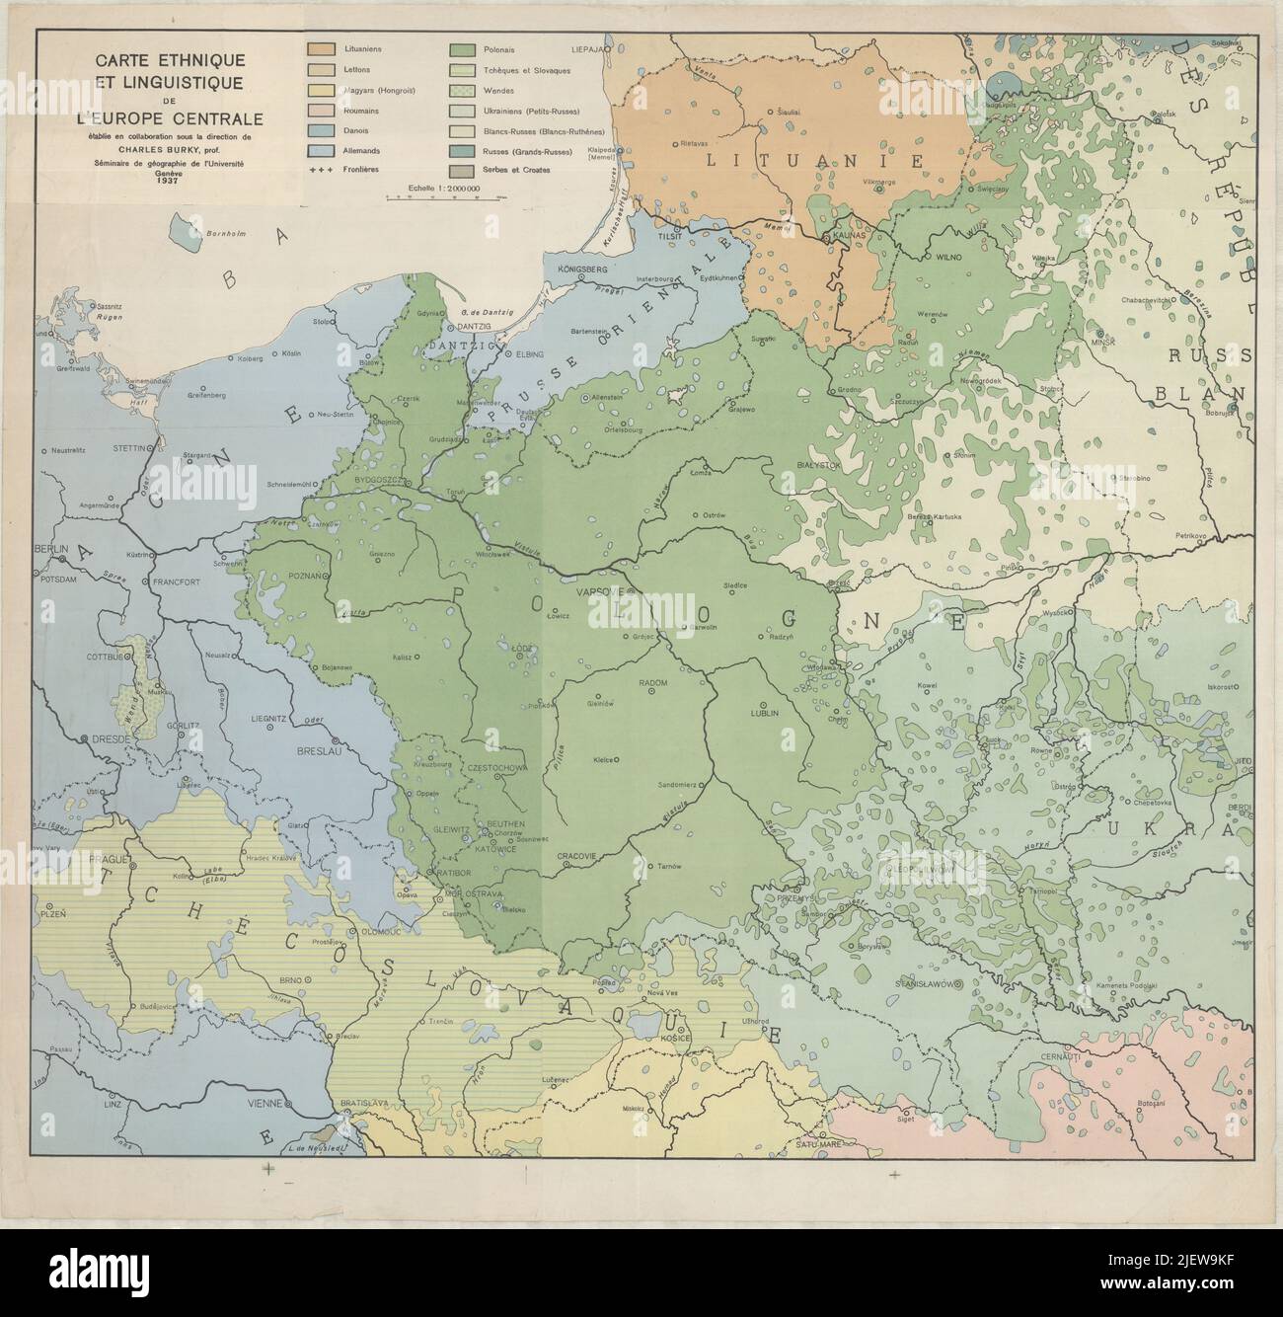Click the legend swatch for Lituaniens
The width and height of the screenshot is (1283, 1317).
tap(320, 48)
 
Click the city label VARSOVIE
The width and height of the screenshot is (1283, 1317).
tap(596, 592)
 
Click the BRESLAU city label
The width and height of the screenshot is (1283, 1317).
tap(316, 749)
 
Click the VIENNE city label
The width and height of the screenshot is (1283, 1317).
tap(266, 1103)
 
